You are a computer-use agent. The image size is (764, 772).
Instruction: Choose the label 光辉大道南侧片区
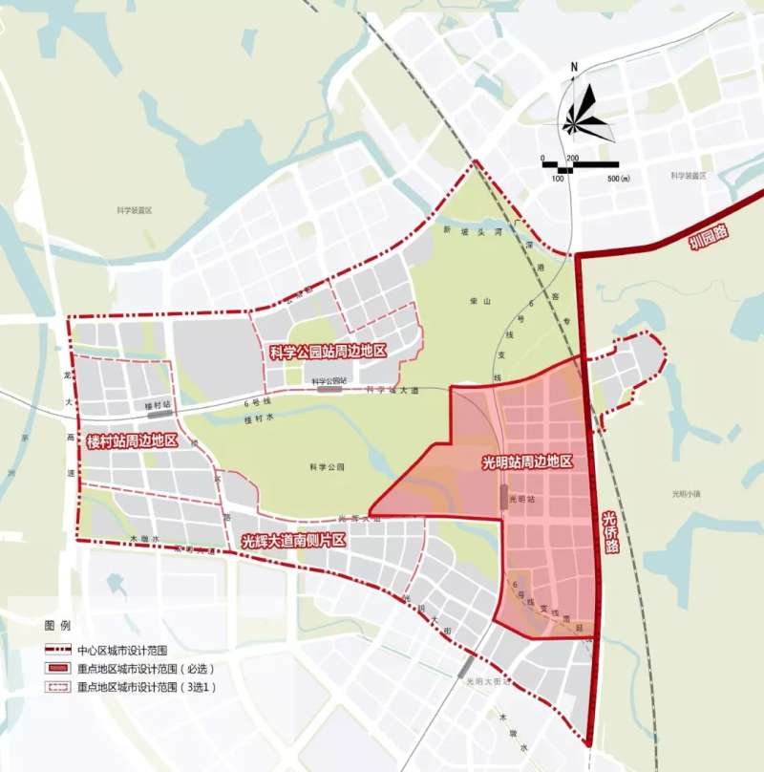pos(292,541)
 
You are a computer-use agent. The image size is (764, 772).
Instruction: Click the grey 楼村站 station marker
pos(159,416)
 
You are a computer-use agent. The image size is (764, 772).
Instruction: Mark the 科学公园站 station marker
pos(330,390)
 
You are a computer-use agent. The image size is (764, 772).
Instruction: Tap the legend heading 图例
pos(57,626)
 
